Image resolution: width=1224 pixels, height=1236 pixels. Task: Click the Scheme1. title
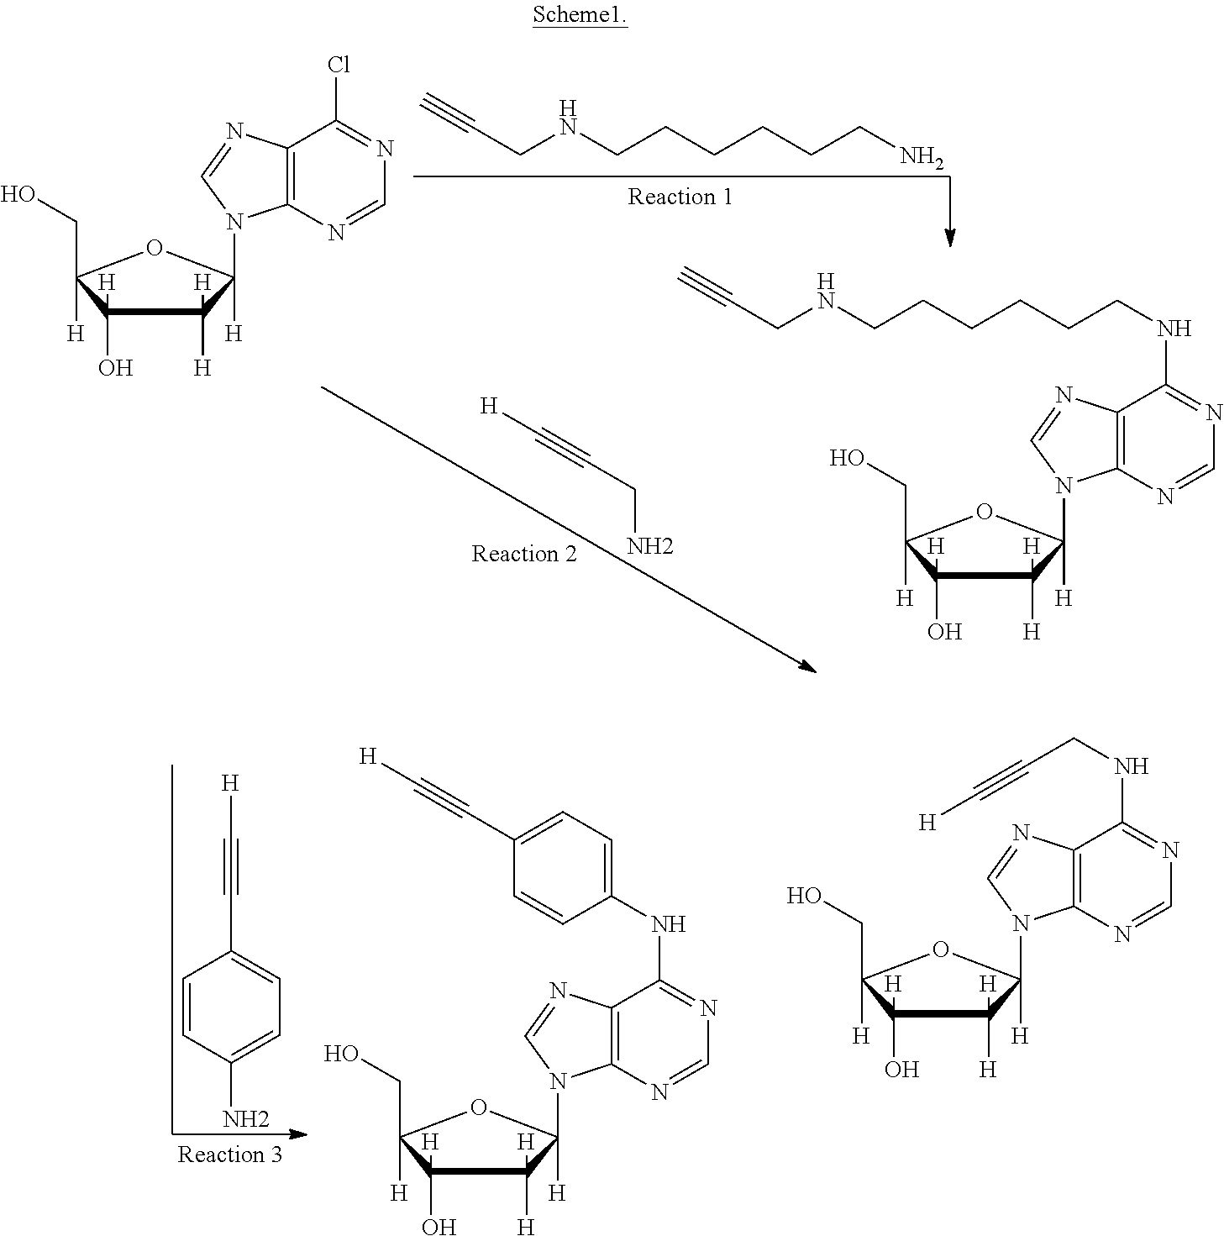coord(580,14)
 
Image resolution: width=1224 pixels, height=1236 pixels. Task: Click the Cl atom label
coord(339,64)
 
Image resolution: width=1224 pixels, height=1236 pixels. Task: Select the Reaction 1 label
coord(680,197)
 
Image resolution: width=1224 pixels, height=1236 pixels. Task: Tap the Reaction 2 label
coord(524,554)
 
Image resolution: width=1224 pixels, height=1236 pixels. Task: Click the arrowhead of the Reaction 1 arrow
coord(950,237)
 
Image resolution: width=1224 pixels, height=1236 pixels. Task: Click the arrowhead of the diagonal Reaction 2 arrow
coord(807,665)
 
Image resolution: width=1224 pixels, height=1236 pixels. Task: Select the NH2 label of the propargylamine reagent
coord(650,546)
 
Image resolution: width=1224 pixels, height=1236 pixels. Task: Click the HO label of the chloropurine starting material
coord(18,194)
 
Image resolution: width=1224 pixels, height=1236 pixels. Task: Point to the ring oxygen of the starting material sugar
coord(154,248)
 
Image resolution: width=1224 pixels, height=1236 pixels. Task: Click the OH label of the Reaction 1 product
coord(944,632)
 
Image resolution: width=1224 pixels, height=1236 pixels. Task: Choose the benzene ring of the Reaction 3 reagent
coord(232,1007)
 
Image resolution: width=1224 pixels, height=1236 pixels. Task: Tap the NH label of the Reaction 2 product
coord(1131,765)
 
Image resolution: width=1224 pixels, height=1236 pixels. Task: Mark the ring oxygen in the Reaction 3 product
coord(479,1107)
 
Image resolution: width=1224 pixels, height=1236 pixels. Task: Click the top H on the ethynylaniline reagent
coord(229,783)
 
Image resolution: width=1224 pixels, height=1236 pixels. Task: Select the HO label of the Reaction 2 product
coord(805,896)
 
